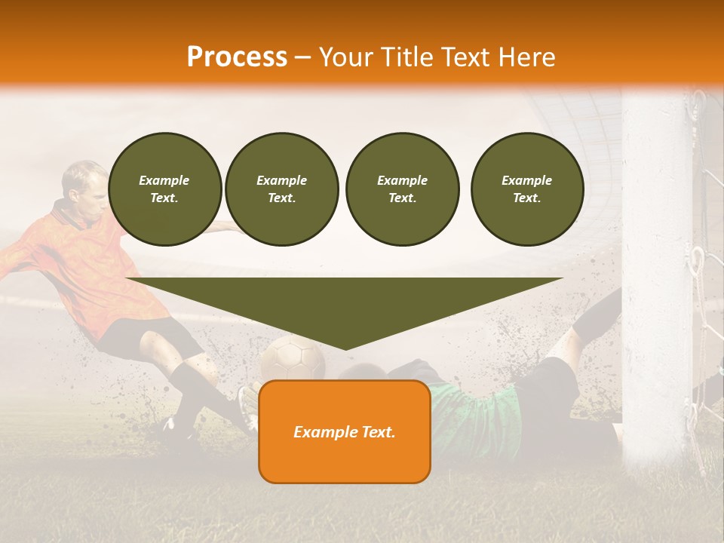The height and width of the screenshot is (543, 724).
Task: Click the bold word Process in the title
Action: click(x=237, y=57)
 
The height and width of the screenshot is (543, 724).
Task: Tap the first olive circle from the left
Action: click(x=164, y=189)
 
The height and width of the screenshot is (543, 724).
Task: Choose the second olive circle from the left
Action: click(x=281, y=189)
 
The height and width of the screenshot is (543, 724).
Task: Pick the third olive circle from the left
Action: click(x=402, y=189)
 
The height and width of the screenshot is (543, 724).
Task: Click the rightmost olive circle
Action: click(x=526, y=189)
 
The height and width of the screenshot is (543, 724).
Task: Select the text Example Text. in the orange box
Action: click(x=344, y=432)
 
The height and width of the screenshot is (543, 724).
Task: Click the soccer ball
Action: click(x=293, y=357)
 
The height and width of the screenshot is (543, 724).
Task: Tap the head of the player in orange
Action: click(x=83, y=185)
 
